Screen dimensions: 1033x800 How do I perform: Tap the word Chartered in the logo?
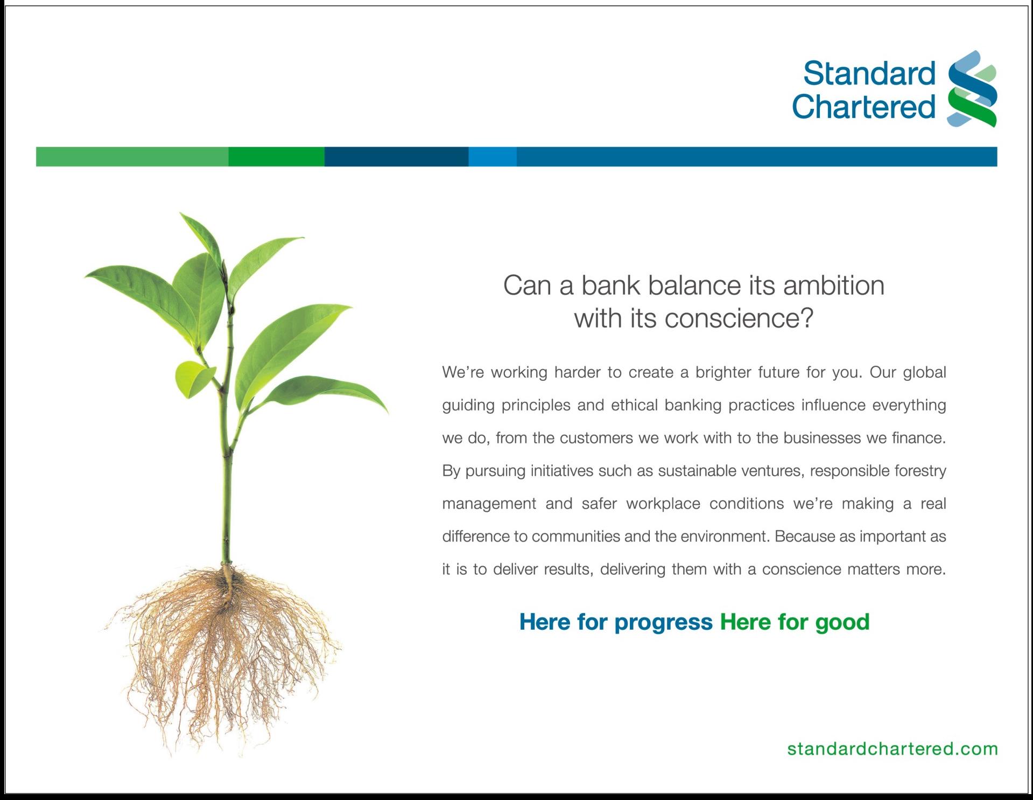pos(864,106)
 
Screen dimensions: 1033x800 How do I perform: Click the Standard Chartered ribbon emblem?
pos(972,89)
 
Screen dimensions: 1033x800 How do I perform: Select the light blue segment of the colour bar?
pos(493,156)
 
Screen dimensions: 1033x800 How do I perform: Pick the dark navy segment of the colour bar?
pos(397,156)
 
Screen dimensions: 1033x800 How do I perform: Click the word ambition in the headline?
pos(834,286)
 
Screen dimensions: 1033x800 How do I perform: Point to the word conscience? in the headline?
pos(739,318)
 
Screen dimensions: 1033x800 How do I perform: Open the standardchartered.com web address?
pos(893,749)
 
